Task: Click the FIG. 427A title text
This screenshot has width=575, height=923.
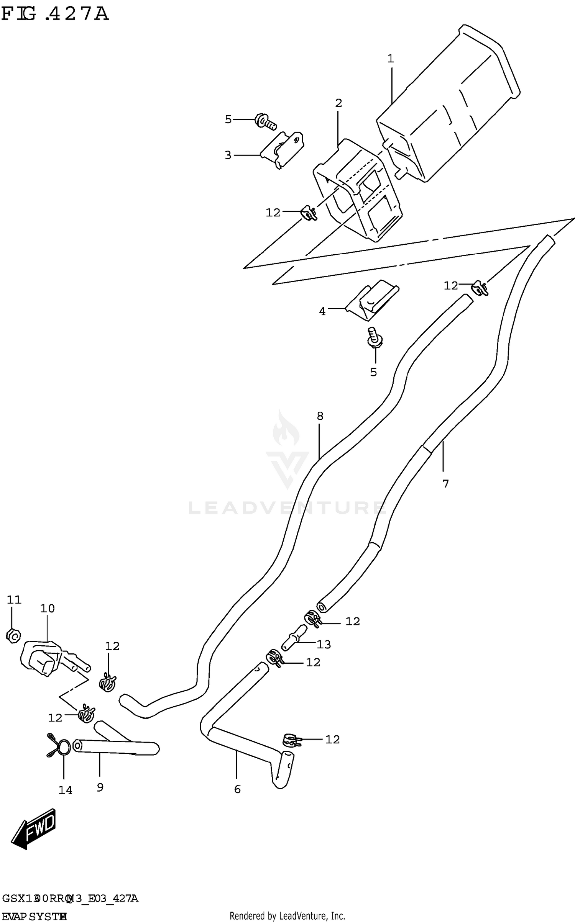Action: click(55, 15)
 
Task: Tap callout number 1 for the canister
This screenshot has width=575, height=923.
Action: click(390, 59)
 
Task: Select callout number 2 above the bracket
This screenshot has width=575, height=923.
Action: click(338, 103)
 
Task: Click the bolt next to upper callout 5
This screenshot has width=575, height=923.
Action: click(266, 122)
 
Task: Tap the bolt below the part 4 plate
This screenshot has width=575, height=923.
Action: click(375, 337)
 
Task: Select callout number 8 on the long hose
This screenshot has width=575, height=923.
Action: click(320, 416)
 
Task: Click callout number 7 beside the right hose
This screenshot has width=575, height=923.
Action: click(445, 484)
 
